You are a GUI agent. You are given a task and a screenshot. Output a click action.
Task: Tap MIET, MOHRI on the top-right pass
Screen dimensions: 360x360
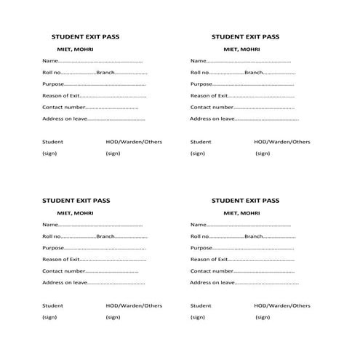(241, 49)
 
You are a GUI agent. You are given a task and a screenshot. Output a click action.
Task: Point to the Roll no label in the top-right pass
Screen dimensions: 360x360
(200, 72)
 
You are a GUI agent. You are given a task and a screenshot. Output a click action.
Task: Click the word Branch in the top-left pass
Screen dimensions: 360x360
(105, 72)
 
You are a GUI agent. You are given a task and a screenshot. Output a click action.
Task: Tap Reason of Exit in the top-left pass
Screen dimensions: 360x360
(60, 95)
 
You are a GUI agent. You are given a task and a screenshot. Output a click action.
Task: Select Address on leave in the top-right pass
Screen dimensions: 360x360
(212, 119)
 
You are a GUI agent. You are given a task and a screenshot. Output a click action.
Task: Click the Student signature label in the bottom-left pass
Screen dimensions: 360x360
(52, 305)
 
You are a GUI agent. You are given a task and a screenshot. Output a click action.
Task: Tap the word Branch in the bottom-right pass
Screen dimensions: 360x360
(254, 236)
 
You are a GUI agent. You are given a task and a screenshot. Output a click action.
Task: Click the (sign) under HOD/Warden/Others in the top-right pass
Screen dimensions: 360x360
(262, 153)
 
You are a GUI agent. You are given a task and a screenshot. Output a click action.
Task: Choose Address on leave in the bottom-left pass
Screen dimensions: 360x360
(65, 282)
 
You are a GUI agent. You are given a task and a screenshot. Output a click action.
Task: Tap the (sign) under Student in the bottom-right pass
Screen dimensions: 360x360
(197, 317)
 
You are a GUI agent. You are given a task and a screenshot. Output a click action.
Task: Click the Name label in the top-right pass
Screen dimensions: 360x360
(199, 60)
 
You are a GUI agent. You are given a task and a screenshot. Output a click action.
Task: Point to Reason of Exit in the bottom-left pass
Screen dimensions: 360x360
(60, 259)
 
